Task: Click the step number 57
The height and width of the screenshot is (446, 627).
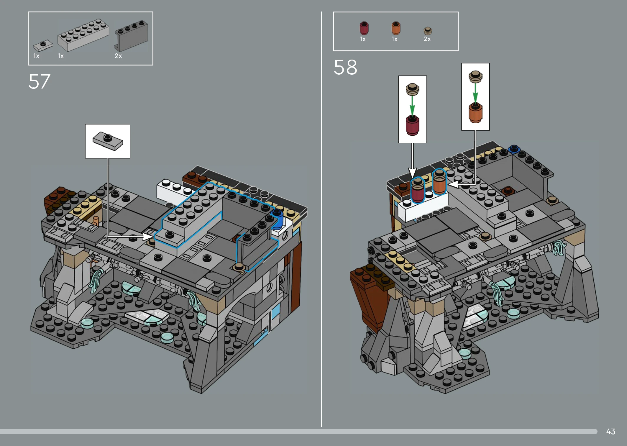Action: pos(40,81)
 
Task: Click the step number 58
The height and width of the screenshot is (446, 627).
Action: pos(345,67)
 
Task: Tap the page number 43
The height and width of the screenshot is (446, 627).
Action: pos(610,432)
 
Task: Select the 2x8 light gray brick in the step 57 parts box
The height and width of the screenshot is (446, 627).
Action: pos(83,35)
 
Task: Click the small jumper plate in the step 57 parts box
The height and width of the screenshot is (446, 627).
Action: pos(43,46)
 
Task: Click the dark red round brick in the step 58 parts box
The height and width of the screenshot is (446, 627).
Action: pos(364,28)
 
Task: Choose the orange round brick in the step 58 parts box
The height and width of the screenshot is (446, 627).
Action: pos(396,28)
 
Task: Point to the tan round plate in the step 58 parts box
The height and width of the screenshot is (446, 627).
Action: pos(428,31)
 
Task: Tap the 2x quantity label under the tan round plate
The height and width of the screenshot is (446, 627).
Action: pos(427,39)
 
